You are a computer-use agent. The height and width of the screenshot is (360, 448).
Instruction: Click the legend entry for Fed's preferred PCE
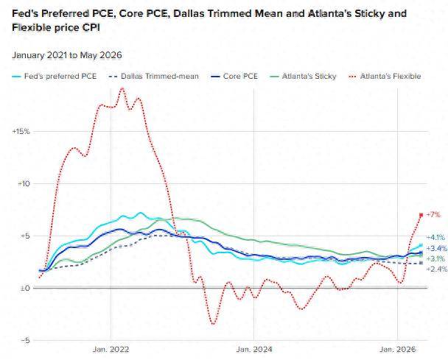click(55, 77)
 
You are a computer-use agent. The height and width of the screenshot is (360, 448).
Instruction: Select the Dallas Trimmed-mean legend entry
click(154, 77)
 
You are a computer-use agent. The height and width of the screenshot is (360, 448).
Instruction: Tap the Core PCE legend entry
click(234, 77)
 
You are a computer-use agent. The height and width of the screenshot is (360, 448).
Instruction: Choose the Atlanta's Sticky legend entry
click(303, 77)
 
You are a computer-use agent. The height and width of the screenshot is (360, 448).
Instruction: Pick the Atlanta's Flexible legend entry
click(385, 77)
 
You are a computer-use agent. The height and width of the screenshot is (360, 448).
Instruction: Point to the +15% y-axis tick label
click(21, 132)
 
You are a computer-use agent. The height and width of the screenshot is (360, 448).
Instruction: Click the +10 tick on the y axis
click(24, 183)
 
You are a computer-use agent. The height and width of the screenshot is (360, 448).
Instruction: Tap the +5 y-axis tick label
click(25, 236)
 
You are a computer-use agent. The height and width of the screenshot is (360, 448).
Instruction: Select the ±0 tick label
click(25, 289)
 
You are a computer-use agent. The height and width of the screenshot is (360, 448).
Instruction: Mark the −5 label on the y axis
click(25, 340)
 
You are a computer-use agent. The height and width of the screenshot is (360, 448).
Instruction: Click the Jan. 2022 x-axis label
click(111, 350)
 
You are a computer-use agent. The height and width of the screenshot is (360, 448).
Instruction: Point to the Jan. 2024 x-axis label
click(254, 350)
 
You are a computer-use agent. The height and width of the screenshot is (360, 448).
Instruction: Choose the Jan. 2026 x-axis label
click(398, 350)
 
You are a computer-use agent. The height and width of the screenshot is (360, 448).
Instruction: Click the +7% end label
click(433, 214)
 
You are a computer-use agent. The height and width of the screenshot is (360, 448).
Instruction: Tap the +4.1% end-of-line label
click(435, 237)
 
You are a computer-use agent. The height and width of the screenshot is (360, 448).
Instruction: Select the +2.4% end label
click(436, 269)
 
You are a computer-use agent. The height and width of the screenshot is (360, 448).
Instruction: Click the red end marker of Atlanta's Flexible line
click(421, 215)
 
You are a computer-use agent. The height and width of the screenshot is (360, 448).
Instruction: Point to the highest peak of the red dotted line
click(122, 88)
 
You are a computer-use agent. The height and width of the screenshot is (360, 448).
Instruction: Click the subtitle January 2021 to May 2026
click(67, 55)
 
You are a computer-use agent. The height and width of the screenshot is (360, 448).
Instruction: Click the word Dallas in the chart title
click(188, 13)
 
